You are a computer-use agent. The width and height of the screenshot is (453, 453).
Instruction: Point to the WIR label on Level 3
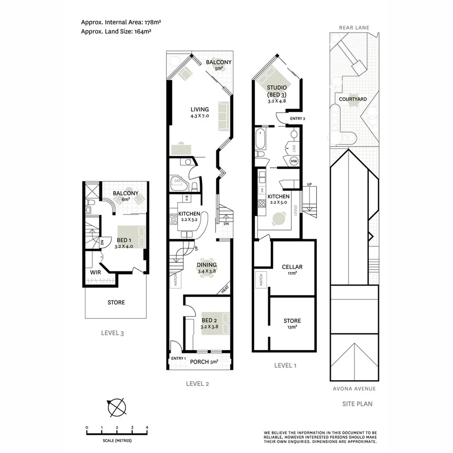tap(95, 272)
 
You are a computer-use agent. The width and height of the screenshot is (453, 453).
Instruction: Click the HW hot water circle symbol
tap(294, 161)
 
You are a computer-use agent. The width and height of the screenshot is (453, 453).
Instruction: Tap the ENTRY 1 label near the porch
tap(178, 358)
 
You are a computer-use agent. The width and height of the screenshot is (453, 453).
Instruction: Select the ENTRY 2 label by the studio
tap(297, 119)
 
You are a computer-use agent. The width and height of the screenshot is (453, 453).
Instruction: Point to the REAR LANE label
tap(354, 28)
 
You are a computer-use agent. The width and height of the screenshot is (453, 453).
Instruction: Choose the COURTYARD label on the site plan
tap(353, 99)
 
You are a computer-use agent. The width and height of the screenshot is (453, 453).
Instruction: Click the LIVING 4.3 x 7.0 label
tap(199, 112)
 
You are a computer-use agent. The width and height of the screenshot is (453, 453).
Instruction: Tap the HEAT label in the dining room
tap(225, 289)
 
